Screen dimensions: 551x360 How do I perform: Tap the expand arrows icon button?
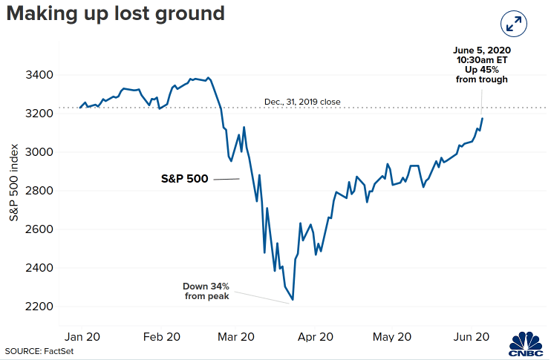[513, 24]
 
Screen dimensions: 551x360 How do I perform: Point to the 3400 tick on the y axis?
[39, 75]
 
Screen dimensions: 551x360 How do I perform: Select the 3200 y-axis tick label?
[39, 114]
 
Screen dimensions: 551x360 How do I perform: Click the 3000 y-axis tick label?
[39, 152]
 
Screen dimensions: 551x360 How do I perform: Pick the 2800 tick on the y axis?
[39, 191]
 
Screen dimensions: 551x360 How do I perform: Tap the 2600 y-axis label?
[39, 229]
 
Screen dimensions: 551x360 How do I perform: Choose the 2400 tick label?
[39, 268]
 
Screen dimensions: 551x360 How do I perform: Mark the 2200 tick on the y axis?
[39, 307]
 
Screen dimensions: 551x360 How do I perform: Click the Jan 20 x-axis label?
[82, 337]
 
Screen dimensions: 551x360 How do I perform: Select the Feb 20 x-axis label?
[162, 337]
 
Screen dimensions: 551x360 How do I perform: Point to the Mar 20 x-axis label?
[236, 337]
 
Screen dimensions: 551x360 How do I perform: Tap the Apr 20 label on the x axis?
[316, 337]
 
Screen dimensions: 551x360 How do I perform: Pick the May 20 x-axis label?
[392, 337]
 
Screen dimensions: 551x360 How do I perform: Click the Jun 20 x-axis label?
[472, 337]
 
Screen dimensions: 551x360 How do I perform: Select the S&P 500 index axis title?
[13, 183]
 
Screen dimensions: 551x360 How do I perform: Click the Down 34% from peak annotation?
[206, 291]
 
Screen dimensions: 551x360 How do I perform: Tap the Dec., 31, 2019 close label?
[302, 102]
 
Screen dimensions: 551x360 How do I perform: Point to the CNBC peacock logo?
[526, 345]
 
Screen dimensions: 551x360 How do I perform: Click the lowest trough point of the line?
[293, 300]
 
